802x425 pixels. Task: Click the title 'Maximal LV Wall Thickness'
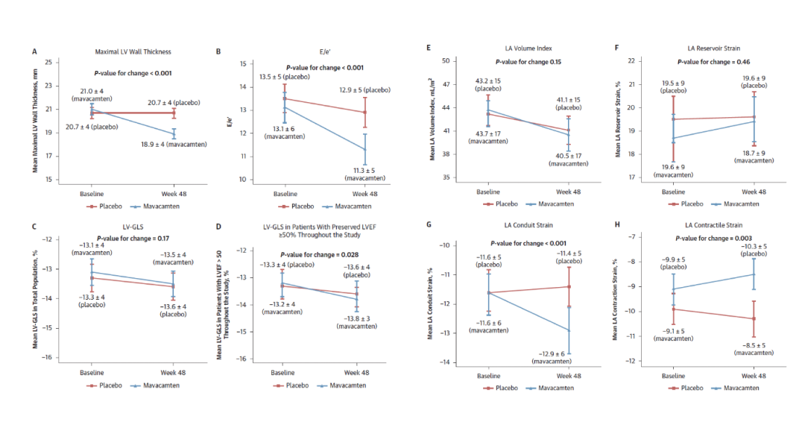(133, 52)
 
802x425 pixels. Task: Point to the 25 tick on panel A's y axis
(48, 62)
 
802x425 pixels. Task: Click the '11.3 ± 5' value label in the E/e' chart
(365, 170)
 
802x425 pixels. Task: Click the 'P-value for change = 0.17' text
(133, 239)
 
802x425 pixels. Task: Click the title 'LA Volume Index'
(528, 48)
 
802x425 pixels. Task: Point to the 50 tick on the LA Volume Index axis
(445, 61)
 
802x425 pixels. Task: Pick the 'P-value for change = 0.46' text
(713, 61)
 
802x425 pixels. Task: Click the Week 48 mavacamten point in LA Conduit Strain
(569, 330)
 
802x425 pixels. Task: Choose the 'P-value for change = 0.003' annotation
(713, 239)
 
